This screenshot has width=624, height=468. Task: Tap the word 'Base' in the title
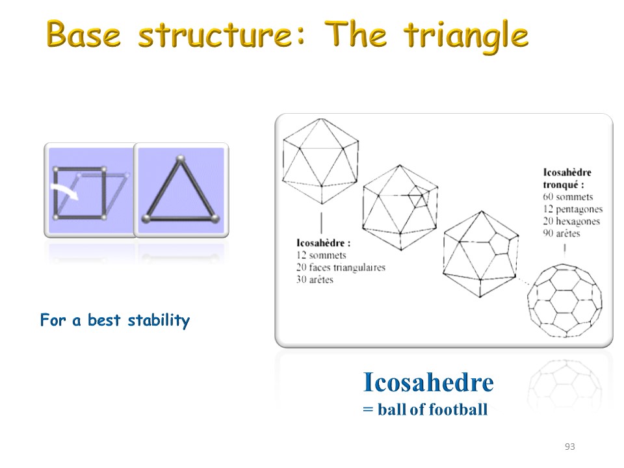click(x=83, y=34)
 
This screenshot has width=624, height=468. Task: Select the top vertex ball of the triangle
click(x=181, y=159)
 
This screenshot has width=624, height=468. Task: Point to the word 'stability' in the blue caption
click(x=159, y=320)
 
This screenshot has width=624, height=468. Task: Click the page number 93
click(x=570, y=447)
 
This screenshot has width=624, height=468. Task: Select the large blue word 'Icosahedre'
click(x=428, y=382)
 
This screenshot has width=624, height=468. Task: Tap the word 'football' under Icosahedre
click(x=458, y=409)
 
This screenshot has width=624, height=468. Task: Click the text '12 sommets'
click(x=321, y=255)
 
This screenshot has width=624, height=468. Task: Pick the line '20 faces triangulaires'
click(x=341, y=267)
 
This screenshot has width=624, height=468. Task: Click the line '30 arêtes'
click(x=315, y=279)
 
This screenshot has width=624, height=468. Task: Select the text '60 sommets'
click(x=568, y=196)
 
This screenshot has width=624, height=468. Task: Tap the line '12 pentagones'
click(x=573, y=209)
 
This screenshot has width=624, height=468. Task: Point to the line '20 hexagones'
click(x=571, y=221)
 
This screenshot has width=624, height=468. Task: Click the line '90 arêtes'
click(x=562, y=233)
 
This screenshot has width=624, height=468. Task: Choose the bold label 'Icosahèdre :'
click(x=324, y=242)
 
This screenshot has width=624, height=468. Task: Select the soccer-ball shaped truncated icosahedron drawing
click(x=565, y=300)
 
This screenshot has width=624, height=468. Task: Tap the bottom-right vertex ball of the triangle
click(x=215, y=218)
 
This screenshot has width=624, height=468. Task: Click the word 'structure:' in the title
click(x=222, y=35)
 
